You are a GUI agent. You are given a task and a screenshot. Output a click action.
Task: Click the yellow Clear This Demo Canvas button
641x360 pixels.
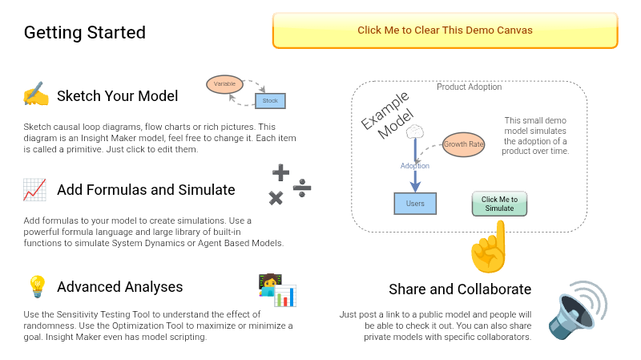[445, 30]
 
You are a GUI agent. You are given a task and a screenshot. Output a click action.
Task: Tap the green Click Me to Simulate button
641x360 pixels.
[499, 204]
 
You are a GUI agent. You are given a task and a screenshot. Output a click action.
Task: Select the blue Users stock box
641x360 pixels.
[415, 204]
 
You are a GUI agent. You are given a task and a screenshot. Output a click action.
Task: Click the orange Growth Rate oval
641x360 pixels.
[464, 144]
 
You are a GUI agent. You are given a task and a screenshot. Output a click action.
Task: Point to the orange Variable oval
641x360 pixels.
[224, 84]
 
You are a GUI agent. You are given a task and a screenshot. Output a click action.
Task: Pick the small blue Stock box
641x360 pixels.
[270, 101]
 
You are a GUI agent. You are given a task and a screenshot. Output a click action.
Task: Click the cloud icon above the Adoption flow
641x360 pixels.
[415, 131]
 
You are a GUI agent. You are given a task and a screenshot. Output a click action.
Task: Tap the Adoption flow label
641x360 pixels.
[415, 166]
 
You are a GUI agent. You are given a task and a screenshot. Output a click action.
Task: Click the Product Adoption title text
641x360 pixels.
[470, 87]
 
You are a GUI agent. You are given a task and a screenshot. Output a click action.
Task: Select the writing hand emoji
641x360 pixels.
[36, 94]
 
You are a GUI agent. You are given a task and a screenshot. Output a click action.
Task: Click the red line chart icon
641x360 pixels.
[34, 190]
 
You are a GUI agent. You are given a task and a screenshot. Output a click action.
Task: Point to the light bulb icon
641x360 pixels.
[37, 286]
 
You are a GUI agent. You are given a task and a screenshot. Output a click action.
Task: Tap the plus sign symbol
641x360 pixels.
[281, 172]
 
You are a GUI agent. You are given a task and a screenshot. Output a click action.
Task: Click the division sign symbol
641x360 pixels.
[302, 188]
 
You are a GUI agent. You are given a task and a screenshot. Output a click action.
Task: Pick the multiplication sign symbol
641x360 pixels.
[276, 198]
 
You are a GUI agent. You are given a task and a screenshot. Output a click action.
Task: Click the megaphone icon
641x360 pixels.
[578, 309]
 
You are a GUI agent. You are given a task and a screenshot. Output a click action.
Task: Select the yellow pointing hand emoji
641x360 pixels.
[489, 247]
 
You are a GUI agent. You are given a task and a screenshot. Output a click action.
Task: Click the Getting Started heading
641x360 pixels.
[85, 33]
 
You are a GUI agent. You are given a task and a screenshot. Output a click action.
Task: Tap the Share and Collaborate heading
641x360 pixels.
[460, 289]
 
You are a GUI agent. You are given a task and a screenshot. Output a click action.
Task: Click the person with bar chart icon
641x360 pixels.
[277, 290]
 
